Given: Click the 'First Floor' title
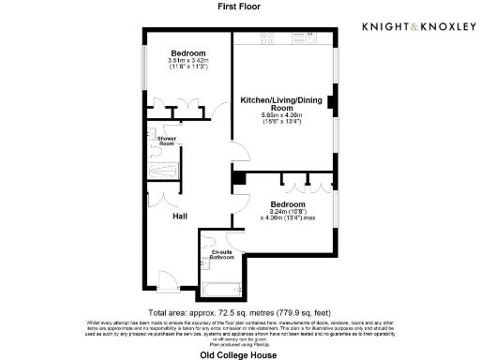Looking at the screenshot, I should click(238, 7).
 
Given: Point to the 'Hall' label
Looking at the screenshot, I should click(180, 217).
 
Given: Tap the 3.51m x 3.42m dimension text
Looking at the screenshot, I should click(187, 62).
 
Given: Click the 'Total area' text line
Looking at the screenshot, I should click(239, 311).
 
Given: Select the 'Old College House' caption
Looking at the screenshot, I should click(239, 353).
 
